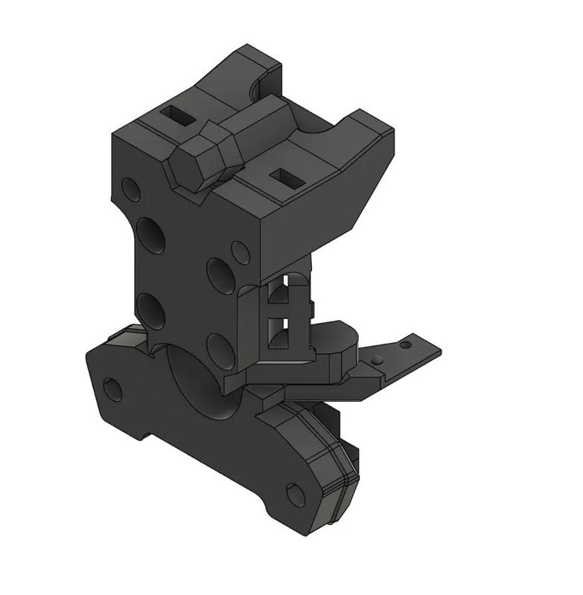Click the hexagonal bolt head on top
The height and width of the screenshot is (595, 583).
pyautogui.click(x=199, y=157)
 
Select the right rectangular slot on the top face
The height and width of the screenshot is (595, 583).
pyautogui.click(x=284, y=177)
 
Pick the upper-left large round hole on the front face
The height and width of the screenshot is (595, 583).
pyautogui.click(x=153, y=236)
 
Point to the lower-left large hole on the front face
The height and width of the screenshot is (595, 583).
pyautogui.click(x=152, y=309)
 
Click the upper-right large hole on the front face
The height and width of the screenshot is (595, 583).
pyautogui.click(x=221, y=274)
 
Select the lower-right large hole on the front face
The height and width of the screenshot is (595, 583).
pyautogui.click(x=220, y=350)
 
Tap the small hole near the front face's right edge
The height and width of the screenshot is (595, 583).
pyautogui.click(x=240, y=251)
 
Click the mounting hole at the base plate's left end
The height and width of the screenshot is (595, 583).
pyautogui.click(x=112, y=388)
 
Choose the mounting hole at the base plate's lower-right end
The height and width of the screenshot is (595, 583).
pyautogui.click(x=296, y=494)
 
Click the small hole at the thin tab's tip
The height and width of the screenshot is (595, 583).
pyautogui.click(x=405, y=344)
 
